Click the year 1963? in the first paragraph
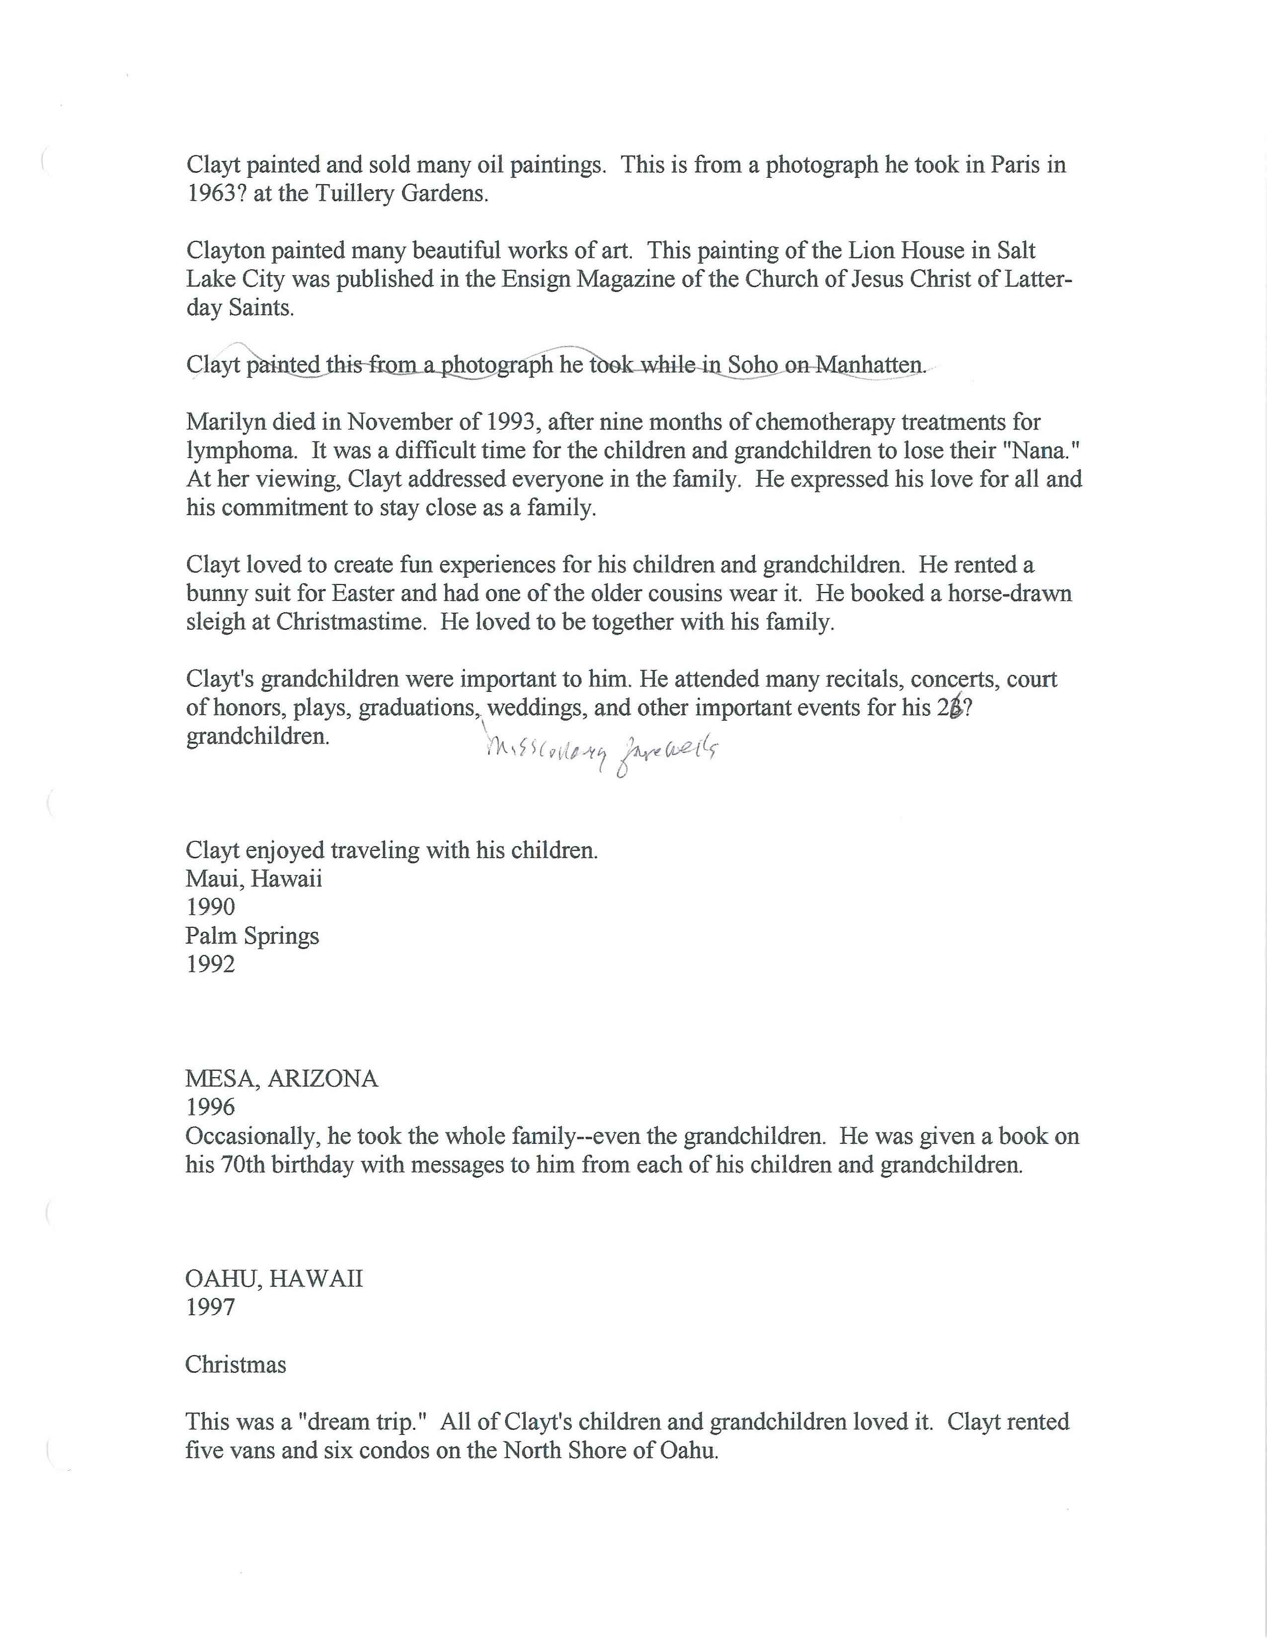[x=217, y=194]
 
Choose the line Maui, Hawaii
[x=254, y=879]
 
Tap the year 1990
[x=210, y=907]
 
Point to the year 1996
[x=210, y=1108]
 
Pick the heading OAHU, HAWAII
[x=274, y=1279]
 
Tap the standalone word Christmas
[x=236, y=1365]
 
